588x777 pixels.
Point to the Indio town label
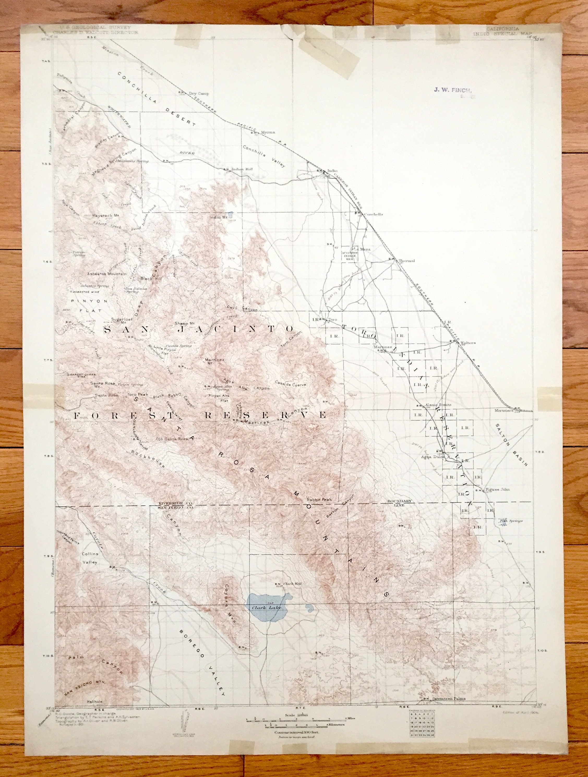click(332, 171)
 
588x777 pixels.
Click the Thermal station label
click(407, 261)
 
